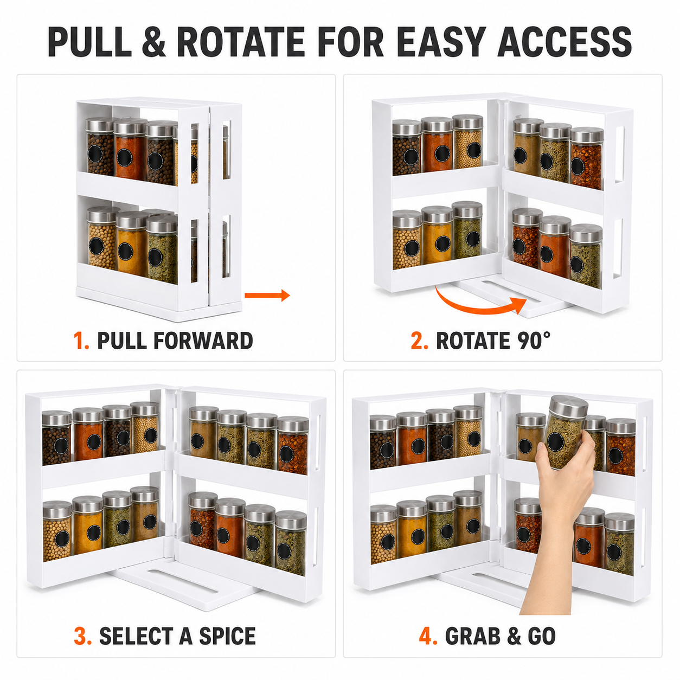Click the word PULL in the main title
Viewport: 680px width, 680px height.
point(89,42)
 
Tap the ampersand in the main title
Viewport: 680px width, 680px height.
point(154,42)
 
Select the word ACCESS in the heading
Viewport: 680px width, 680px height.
point(564,42)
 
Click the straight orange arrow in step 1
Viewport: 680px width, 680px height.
point(267,295)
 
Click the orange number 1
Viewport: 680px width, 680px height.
point(81,341)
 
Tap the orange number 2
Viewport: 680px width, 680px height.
point(419,341)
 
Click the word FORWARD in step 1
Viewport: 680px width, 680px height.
point(203,341)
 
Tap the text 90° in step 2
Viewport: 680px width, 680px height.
point(534,341)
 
